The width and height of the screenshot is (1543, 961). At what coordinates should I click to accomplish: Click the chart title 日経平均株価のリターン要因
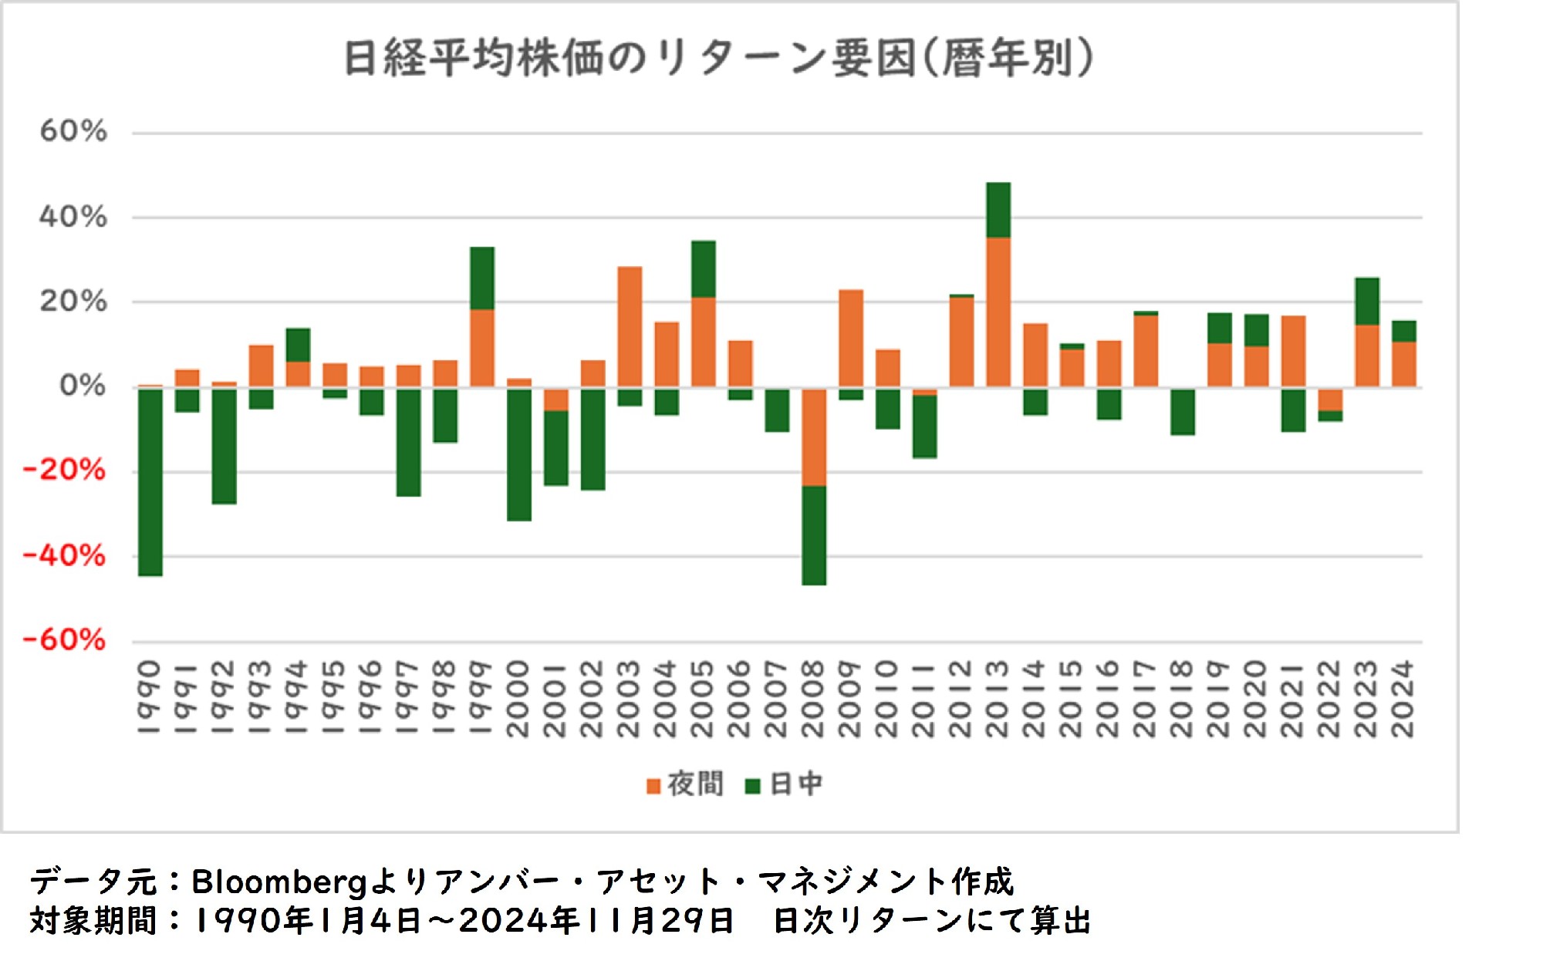pyautogui.click(x=717, y=58)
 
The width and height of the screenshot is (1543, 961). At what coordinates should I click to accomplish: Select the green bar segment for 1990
pyautogui.click(x=150, y=482)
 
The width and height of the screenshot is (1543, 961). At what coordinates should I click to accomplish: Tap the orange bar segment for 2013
pyautogui.click(x=998, y=312)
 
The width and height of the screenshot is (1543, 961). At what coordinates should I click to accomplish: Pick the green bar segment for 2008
pyautogui.click(x=814, y=535)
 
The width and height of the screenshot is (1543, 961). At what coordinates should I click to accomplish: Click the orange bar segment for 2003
pyautogui.click(x=630, y=326)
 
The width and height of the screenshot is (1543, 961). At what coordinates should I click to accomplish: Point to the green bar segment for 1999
pyautogui.click(x=482, y=278)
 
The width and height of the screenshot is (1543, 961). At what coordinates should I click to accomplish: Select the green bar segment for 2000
pyautogui.click(x=519, y=454)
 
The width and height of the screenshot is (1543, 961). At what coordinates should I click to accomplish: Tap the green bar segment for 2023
pyautogui.click(x=1367, y=302)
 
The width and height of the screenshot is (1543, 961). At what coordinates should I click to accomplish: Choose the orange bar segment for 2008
pyautogui.click(x=814, y=437)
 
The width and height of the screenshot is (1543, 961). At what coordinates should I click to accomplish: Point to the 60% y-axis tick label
pyautogui.click(x=73, y=132)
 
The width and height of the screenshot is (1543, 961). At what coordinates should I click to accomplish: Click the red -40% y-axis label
pyautogui.click(x=65, y=555)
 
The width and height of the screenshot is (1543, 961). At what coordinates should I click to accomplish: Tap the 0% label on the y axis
pyautogui.click(x=83, y=385)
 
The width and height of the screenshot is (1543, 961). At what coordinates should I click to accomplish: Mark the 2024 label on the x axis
pyautogui.click(x=1403, y=699)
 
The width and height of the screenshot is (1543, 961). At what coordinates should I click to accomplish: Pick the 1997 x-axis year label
pyautogui.click(x=408, y=699)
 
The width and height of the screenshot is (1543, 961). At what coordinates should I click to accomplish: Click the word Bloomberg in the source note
pyautogui.click(x=279, y=882)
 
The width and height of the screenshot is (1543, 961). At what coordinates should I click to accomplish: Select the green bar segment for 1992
pyautogui.click(x=225, y=446)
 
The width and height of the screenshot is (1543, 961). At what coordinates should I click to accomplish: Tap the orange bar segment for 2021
pyautogui.click(x=1293, y=352)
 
